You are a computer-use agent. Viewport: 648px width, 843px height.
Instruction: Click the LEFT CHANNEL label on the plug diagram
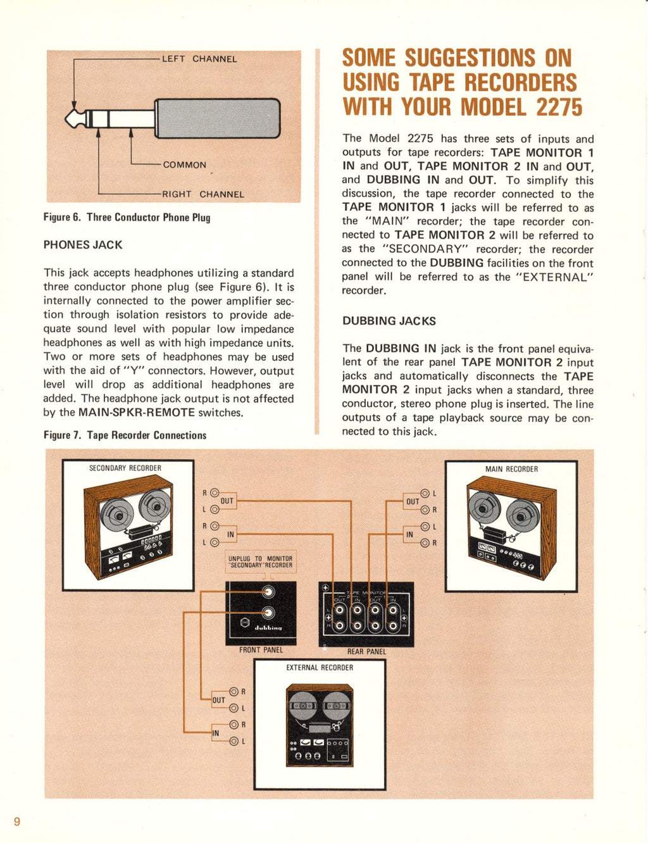[x=199, y=59]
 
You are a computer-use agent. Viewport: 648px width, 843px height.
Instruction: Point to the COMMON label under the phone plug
[x=184, y=165]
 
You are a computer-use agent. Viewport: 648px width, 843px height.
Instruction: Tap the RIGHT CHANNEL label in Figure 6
[x=202, y=194]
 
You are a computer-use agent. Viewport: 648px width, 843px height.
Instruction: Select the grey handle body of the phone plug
[x=217, y=118]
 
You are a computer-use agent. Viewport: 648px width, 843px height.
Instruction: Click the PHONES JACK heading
[x=83, y=245]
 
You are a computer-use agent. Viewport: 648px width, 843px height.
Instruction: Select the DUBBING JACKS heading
[x=389, y=321]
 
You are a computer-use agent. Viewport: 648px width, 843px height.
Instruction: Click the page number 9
[x=17, y=821]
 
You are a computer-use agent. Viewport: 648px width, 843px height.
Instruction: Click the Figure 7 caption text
[x=125, y=435]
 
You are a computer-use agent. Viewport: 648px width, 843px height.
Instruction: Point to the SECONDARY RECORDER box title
[x=125, y=468]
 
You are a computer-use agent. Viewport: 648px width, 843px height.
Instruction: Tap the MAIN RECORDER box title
[x=511, y=469]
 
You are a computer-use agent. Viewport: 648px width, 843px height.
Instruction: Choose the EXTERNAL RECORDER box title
[x=320, y=668]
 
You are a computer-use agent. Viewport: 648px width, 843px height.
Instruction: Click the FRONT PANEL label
[x=261, y=650]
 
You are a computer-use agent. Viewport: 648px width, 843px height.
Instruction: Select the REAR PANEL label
[x=366, y=651]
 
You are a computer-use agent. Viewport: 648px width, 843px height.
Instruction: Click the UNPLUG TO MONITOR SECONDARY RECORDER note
[x=261, y=562]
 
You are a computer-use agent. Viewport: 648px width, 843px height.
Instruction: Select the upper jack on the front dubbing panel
[x=269, y=592]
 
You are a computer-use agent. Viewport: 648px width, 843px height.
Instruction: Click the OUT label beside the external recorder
[x=218, y=700]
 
